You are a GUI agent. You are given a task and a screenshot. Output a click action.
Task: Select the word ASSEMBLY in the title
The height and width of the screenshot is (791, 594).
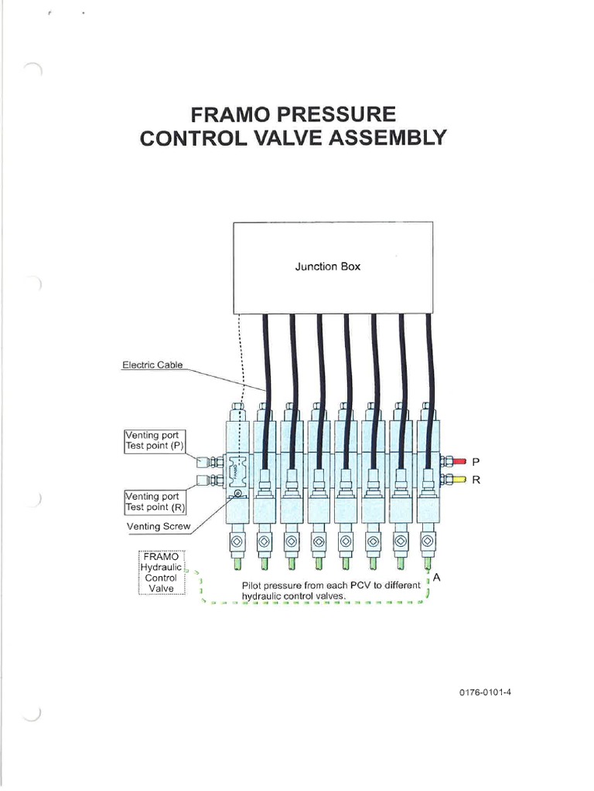point(387,138)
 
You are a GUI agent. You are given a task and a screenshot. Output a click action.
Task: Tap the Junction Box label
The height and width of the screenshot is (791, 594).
point(327,266)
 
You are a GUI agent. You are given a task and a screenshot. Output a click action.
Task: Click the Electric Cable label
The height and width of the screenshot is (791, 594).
point(153,365)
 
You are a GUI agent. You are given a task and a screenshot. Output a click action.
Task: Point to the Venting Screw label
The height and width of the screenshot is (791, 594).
point(158,527)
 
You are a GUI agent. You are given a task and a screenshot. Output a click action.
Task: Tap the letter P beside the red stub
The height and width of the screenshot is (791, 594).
point(476,462)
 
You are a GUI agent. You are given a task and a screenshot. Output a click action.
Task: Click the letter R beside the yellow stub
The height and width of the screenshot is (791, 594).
point(476,480)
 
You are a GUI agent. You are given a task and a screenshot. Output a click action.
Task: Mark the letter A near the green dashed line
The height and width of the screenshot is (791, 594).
point(437,576)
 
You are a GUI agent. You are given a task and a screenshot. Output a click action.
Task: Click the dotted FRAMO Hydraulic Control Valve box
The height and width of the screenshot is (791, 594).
point(162,572)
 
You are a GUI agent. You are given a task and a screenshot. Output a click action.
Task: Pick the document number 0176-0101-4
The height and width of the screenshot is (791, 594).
point(485,692)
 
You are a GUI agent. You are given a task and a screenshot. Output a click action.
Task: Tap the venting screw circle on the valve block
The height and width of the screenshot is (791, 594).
point(237,494)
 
